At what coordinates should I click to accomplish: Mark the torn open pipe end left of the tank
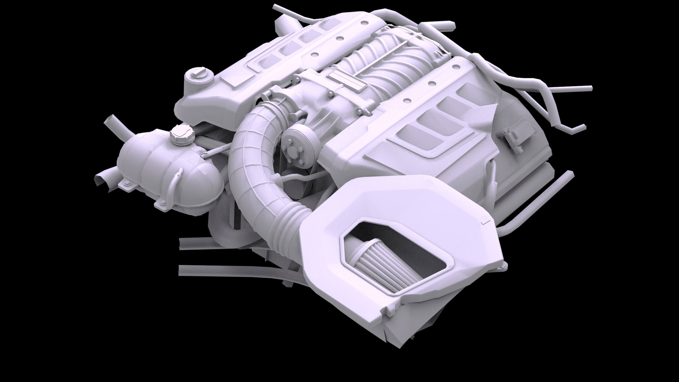[102, 180]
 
